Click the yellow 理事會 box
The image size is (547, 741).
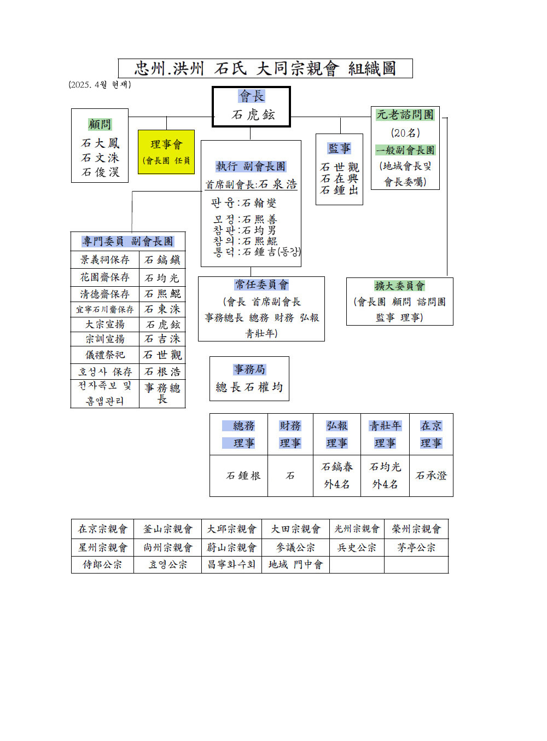[x=166, y=152]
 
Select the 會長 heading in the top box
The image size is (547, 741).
[x=252, y=96]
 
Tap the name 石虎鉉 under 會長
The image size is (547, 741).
[x=253, y=114]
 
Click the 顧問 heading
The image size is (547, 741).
[x=100, y=124]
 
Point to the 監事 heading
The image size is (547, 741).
[x=339, y=148]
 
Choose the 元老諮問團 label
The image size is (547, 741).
[x=405, y=114]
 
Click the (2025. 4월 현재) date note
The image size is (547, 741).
[x=100, y=85]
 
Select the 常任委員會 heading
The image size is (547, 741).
[x=261, y=285]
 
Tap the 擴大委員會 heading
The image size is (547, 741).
[x=399, y=286]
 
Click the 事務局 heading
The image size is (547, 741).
[x=249, y=369]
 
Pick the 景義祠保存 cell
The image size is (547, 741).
[x=104, y=259]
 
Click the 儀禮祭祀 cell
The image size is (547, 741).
[x=104, y=355]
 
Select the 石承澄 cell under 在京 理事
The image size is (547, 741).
[x=431, y=476]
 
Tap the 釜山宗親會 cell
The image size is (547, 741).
[x=167, y=529]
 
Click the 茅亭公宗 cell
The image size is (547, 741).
[x=416, y=547]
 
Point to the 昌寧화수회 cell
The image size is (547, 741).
[x=231, y=565]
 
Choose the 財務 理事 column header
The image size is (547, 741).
[x=290, y=434]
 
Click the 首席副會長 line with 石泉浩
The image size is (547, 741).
[x=251, y=184]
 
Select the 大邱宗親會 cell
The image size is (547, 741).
[x=231, y=529]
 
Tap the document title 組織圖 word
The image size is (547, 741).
[x=372, y=68]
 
